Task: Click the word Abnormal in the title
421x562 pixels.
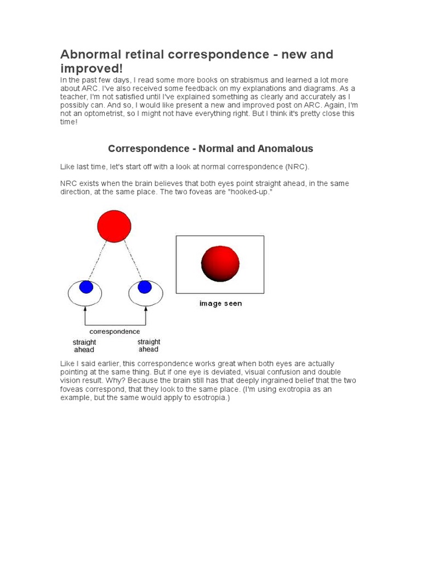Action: click(x=88, y=55)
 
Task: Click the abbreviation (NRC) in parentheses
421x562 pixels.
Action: click(x=300, y=166)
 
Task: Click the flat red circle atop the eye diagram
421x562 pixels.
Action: click(x=114, y=226)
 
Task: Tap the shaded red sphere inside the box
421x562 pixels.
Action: click(x=220, y=263)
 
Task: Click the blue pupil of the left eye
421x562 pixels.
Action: click(x=86, y=287)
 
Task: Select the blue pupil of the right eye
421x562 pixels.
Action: click(x=145, y=287)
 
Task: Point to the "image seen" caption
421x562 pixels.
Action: click(x=220, y=304)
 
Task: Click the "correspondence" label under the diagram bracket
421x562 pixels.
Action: click(x=115, y=331)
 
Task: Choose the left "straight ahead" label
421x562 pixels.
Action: click(x=84, y=346)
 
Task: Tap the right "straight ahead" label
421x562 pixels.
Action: click(x=149, y=345)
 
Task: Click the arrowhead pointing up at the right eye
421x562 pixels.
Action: click(x=146, y=309)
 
